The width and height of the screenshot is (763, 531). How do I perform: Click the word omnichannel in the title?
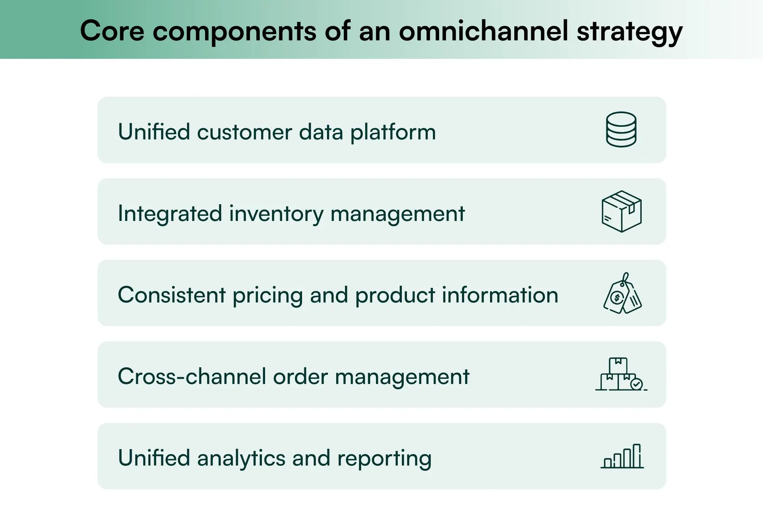483,31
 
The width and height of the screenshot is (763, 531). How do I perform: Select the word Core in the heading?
112,31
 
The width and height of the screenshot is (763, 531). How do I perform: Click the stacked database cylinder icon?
621,130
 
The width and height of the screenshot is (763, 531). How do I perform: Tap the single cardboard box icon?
622,211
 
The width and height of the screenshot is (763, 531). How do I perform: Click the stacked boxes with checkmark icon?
621,374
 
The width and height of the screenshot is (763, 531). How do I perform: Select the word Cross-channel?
192,376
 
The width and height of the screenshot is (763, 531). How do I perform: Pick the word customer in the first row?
244,132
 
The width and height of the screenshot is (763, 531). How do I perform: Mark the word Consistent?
172,295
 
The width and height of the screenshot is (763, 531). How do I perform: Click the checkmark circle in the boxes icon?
636,384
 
